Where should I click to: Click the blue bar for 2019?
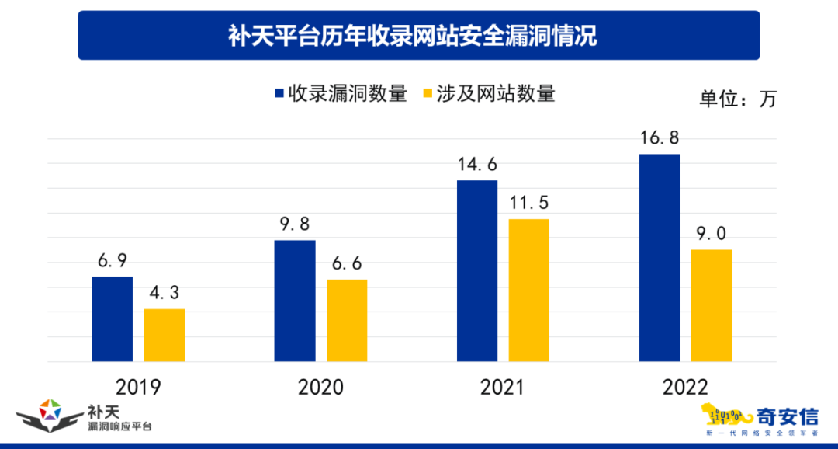pyautogui.click(x=113, y=319)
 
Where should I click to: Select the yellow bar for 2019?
pyautogui.click(x=164, y=336)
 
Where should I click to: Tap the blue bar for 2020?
pyautogui.click(x=295, y=301)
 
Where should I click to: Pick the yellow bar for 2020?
pyautogui.click(x=347, y=321)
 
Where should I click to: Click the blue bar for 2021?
pyautogui.click(x=477, y=271)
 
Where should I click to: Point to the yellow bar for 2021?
pyautogui.click(x=529, y=291)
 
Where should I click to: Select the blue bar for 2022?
pyautogui.click(x=660, y=258)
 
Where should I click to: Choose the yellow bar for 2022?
pyautogui.click(x=712, y=305)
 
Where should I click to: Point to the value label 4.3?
pyautogui.click(x=164, y=294)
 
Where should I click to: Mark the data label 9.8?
pyautogui.click(x=294, y=224)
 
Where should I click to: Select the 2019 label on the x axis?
pyautogui.click(x=138, y=386)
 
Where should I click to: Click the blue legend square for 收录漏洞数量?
pyautogui.click(x=279, y=94)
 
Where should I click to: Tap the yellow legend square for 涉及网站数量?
pyautogui.click(x=428, y=94)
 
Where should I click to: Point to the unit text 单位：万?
pyautogui.click(x=738, y=99)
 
